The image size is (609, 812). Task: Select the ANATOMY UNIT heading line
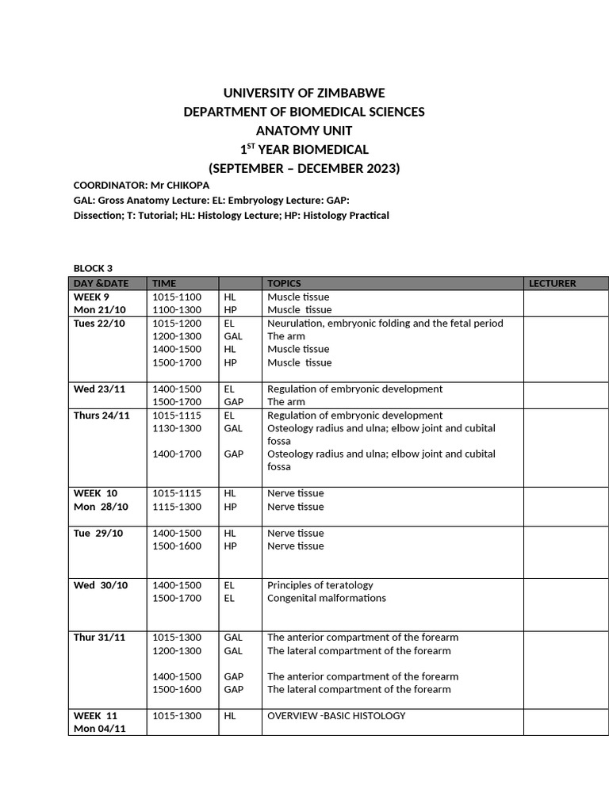tap(304, 131)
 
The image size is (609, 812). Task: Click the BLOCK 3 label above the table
tap(93, 268)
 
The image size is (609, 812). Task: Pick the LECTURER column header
tap(552, 283)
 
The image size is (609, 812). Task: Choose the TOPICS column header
tap(284, 283)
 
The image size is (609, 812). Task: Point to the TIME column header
tap(164, 283)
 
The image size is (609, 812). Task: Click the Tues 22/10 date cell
tap(98, 324)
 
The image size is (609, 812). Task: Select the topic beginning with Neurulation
tap(385, 324)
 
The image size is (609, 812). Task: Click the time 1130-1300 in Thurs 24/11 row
tap(177, 428)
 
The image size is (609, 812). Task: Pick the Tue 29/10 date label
tap(98, 534)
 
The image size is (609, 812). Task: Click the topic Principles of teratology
tap(320, 585)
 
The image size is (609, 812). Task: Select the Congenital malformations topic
tap(326, 598)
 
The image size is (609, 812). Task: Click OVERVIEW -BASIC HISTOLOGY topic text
tap(336, 716)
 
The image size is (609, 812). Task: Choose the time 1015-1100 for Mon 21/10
tap(177, 297)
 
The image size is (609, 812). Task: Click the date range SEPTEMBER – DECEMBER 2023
tap(304, 168)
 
